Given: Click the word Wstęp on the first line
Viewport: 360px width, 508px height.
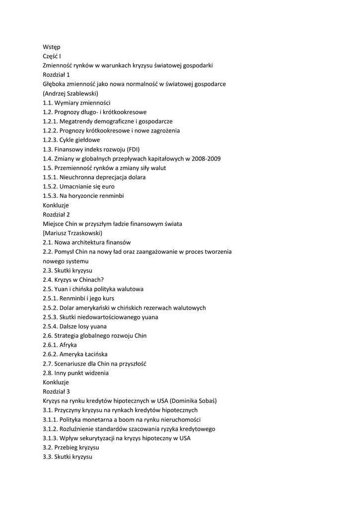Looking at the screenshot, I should pos(51,47).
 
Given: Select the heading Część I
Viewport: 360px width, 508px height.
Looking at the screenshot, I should pos(52,56).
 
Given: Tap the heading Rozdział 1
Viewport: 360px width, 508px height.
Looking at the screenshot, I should pos(56,74).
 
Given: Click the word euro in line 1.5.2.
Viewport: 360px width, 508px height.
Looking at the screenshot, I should pos(107,187).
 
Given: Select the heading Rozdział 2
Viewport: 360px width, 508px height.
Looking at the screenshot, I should pos(56,214).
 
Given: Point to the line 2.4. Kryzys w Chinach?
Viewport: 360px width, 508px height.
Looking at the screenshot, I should pos(73,280).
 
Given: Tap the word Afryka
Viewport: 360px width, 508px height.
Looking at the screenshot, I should pos(68,345).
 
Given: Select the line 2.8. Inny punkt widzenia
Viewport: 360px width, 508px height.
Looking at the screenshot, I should pos(75,373).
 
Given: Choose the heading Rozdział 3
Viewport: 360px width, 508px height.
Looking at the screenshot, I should pos(56,391).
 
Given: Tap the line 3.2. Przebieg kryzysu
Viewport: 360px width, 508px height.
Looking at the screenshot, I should pos(71,447).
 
